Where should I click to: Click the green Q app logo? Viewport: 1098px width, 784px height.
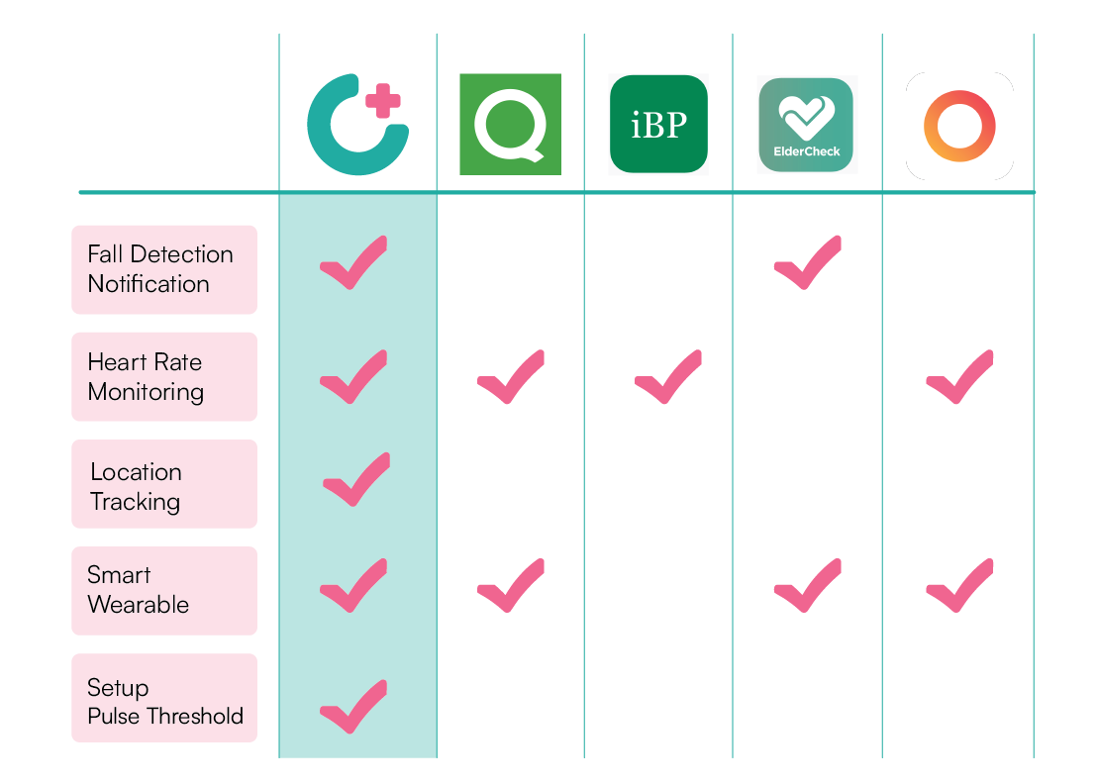(x=510, y=124)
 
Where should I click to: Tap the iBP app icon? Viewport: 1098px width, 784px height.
(x=658, y=124)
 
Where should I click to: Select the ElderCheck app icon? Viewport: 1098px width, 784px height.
(x=805, y=125)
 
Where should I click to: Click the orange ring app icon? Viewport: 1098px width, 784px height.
(x=958, y=126)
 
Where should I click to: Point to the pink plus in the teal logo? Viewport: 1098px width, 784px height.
(x=384, y=101)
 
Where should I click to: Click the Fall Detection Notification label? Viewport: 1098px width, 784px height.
(x=164, y=269)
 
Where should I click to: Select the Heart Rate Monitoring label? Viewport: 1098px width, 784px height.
(x=164, y=376)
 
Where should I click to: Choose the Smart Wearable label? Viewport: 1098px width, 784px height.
(x=164, y=591)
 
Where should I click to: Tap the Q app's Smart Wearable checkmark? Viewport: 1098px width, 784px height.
(x=510, y=586)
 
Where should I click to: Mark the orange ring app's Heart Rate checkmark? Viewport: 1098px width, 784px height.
(x=958, y=377)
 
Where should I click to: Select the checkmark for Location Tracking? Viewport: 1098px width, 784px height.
(x=355, y=480)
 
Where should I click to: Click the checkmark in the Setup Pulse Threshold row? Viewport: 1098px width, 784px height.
(x=353, y=707)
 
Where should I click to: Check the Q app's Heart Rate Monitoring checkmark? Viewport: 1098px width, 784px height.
(x=510, y=377)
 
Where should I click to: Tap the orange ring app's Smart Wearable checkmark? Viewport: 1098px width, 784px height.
(x=958, y=586)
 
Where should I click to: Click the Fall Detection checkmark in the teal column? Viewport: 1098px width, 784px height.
(x=353, y=264)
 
